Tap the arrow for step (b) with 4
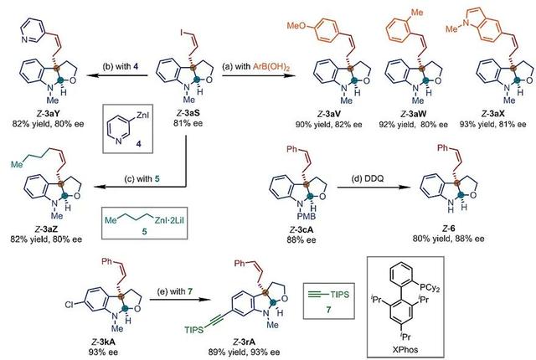pos(125,74)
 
